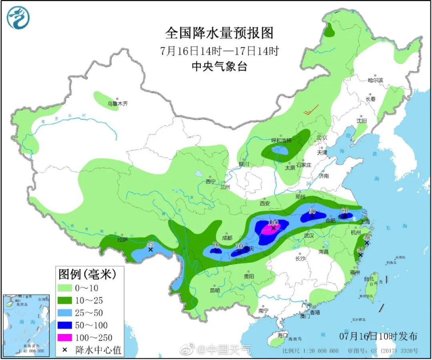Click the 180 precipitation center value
click(273, 222)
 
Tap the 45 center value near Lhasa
click(150, 244)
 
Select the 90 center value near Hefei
click(312, 211)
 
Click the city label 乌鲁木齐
click(117, 104)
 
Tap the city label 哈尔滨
click(375, 80)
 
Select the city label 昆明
click(215, 290)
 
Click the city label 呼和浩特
click(281, 141)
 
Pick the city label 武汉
click(309, 235)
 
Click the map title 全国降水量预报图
click(219, 33)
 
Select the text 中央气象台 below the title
click(219, 66)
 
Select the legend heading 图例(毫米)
click(87, 274)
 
